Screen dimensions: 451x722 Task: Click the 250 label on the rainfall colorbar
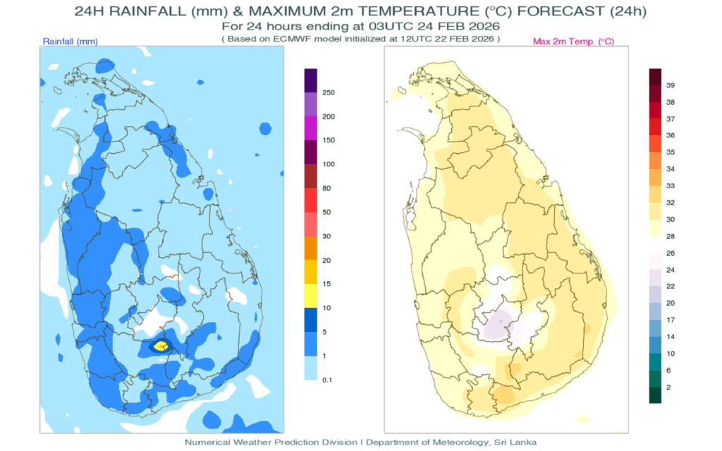(328, 93)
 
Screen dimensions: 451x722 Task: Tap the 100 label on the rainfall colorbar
(328, 164)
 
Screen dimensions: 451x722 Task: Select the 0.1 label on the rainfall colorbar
(327, 380)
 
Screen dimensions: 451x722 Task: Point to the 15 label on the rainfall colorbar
(326, 284)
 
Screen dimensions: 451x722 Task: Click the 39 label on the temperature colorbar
(671, 85)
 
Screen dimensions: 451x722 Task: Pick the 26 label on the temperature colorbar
(671, 253)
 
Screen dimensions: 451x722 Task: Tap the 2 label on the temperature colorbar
(669, 387)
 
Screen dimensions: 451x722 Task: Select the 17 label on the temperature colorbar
(671, 320)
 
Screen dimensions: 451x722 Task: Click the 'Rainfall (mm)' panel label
(70, 42)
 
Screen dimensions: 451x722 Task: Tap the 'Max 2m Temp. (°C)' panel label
(573, 42)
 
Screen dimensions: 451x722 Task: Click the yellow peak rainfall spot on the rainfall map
(161, 345)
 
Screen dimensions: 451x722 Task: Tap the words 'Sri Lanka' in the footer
(516, 442)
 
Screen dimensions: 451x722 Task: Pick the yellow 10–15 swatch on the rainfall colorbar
(310, 296)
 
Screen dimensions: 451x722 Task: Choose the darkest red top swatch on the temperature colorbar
(655, 76)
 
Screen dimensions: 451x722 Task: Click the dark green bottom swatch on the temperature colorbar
(655, 395)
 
